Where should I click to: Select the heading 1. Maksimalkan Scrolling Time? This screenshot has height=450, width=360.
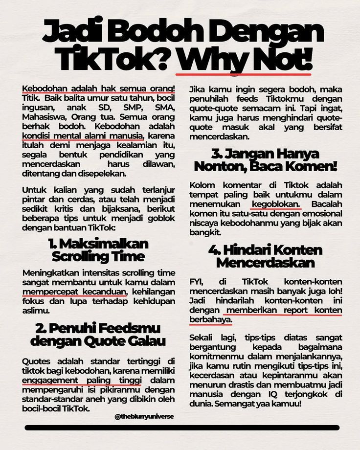98,250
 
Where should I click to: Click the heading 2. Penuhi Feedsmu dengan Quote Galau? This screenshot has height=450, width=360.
98,334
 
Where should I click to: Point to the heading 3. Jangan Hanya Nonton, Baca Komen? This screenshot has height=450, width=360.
265,160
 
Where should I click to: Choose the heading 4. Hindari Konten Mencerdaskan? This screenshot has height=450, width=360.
265,256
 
